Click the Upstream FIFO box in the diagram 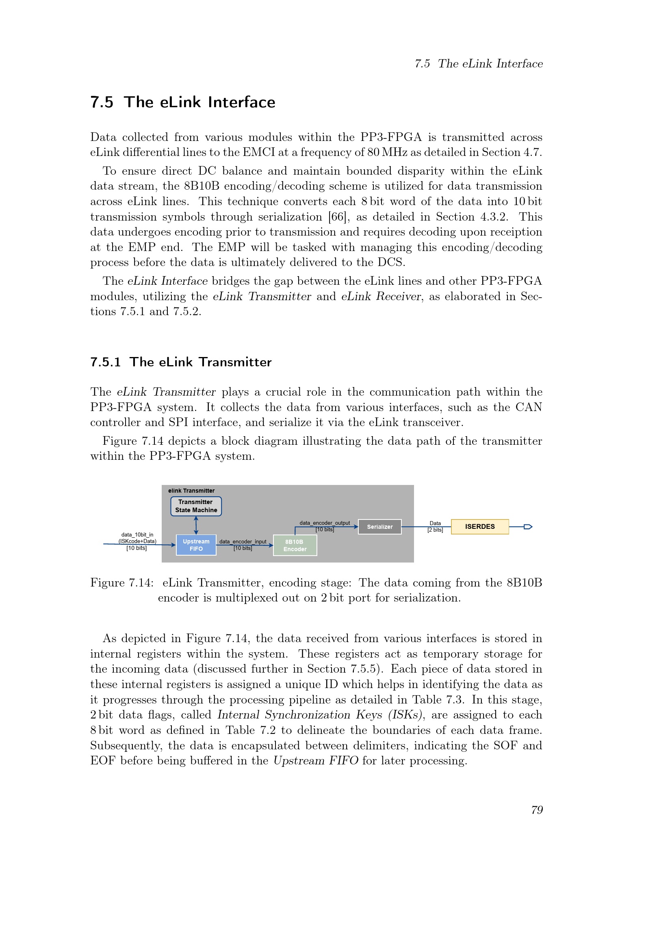pos(196,545)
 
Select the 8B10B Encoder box pos(295,545)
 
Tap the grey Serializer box pos(379,527)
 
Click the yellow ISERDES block pos(479,527)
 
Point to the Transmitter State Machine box pos(196,506)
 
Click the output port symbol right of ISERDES pos(528,527)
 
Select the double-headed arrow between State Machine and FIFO pos(196,525)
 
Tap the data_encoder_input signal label pos(243,542)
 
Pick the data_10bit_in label pos(137,535)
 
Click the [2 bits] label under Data pos(435,530)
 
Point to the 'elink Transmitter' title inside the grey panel pos(191,491)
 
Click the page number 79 pos(537,810)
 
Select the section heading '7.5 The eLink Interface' pos(182,102)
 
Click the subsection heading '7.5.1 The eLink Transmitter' pos(181,362)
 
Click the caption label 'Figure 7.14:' pos(121,582)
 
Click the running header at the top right pos(478,64)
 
